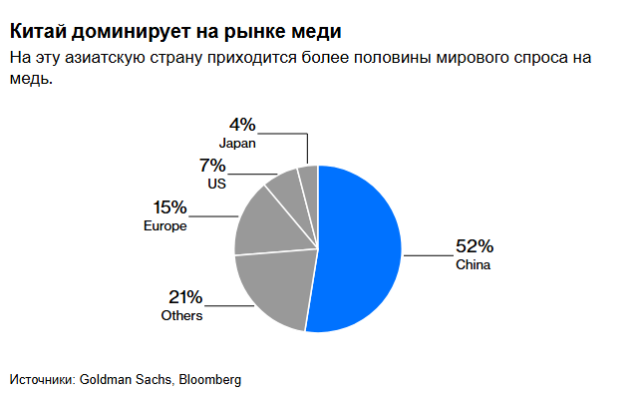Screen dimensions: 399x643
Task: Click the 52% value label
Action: point(475,247)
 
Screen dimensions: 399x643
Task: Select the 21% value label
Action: point(185,297)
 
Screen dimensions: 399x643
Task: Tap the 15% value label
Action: point(169,207)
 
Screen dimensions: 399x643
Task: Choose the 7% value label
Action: point(212,166)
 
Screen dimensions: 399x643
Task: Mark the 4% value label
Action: point(242,125)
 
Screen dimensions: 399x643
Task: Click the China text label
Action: point(474,265)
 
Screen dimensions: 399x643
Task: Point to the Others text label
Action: point(181,315)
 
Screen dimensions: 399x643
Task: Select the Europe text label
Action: point(165,226)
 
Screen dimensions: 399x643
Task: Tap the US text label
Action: point(216,185)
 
